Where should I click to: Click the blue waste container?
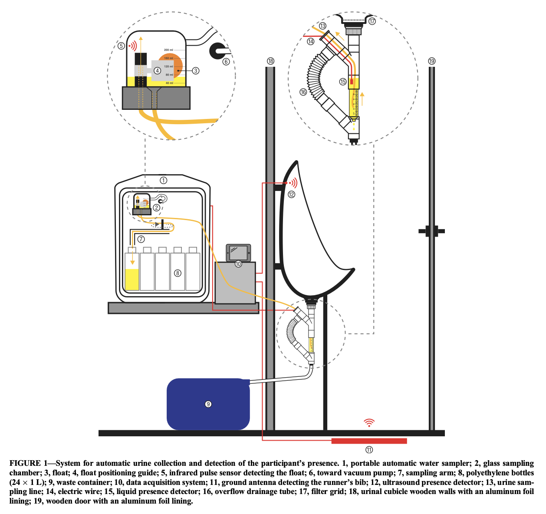208,404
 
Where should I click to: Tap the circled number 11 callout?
369,450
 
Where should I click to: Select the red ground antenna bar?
369,441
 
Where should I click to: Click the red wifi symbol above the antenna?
369,423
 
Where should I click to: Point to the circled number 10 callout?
238,264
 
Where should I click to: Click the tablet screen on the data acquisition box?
238,252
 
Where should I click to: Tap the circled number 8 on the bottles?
178,273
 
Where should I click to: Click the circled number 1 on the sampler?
163,180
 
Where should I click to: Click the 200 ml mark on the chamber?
168,50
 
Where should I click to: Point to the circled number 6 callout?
226,62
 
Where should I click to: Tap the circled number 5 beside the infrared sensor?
121,46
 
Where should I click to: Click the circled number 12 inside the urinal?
291,194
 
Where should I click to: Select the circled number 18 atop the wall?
270,61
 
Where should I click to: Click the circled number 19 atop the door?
431,61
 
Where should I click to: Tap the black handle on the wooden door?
431,231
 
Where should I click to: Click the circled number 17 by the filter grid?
372,21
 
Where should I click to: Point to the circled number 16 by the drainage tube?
303,92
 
